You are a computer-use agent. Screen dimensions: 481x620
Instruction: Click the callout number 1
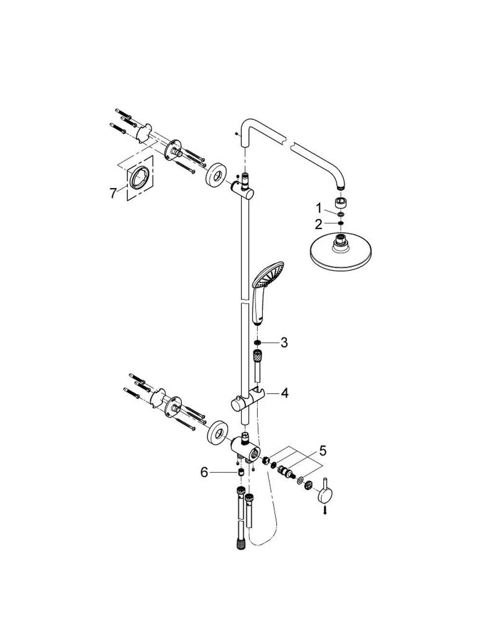(x=319, y=208)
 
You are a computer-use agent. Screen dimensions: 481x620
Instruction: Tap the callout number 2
(x=319, y=224)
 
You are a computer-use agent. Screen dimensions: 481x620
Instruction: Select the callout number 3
(x=284, y=343)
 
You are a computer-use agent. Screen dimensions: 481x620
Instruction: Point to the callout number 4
(x=284, y=393)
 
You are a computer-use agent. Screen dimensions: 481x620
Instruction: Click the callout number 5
(x=323, y=451)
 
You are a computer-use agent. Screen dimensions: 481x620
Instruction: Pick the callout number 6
(x=204, y=473)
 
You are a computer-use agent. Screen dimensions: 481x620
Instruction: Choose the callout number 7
(x=114, y=193)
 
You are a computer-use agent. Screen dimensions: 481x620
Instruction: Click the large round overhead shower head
(x=341, y=251)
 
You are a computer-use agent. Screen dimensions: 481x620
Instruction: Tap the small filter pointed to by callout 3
(x=257, y=342)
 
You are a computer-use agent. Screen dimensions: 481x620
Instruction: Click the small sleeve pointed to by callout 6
(x=241, y=473)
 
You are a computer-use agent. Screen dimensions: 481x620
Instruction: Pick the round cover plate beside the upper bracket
(x=215, y=175)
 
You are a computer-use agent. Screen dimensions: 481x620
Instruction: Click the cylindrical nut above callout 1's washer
(x=341, y=203)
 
